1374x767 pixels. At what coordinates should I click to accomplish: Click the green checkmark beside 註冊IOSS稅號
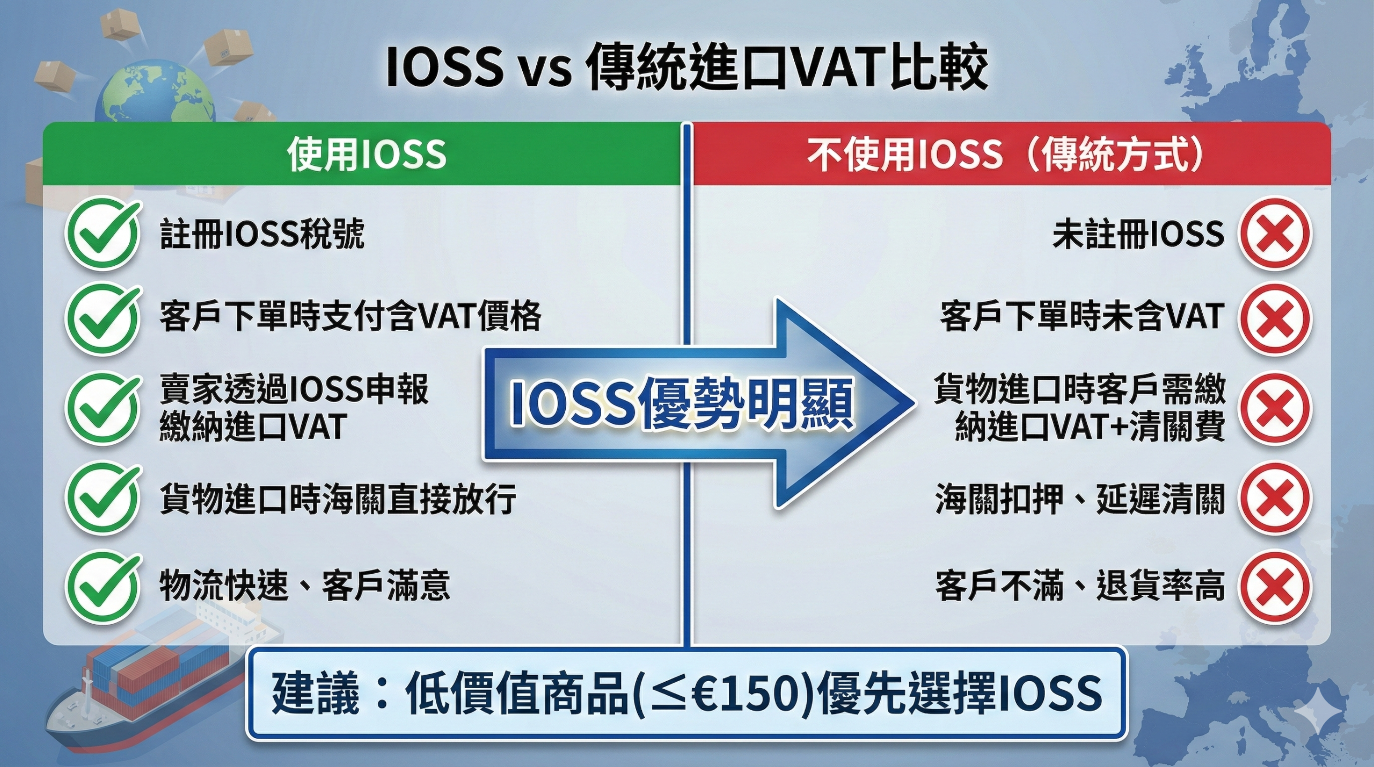click(102, 234)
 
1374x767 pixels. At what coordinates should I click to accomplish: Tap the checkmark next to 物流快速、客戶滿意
click(102, 586)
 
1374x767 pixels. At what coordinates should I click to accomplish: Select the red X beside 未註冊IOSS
click(1274, 234)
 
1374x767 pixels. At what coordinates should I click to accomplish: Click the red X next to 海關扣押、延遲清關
click(1274, 498)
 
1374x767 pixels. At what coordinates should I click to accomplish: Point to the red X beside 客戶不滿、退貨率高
click(1274, 586)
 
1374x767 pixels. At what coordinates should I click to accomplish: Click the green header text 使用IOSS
click(367, 155)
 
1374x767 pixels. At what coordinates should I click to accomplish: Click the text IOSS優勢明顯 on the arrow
click(682, 404)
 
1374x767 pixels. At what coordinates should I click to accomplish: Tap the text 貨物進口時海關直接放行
click(338, 498)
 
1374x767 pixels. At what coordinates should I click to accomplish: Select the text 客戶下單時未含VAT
click(1082, 317)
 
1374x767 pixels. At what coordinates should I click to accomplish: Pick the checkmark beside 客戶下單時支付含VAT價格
click(102, 318)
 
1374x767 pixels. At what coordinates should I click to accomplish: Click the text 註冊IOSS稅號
click(262, 234)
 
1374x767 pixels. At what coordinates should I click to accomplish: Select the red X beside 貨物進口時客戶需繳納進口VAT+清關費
click(1274, 408)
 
